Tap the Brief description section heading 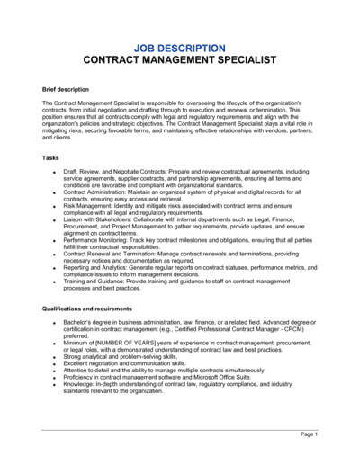(x=66, y=89)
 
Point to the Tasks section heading (x=51, y=157)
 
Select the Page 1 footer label (x=309, y=434)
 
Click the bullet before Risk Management (x=56, y=206)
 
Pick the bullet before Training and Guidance (x=56, y=282)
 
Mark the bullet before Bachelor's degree (x=56, y=321)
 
